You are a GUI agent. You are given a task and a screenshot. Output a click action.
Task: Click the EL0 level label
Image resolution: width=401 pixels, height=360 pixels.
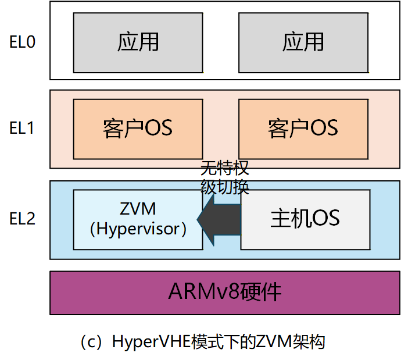pyautogui.click(x=23, y=42)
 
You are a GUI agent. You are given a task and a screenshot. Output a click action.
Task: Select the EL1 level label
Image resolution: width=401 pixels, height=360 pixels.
pyautogui.click(x=23, y=128)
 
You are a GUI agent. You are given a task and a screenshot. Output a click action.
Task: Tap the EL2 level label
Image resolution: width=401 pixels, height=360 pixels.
pyautogui.click(x=23, y=219)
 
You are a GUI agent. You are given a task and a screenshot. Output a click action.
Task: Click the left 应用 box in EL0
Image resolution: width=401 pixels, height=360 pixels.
pyautogui.click(x=138, y=42)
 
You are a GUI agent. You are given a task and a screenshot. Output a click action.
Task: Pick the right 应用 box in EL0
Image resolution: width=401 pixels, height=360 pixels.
pyautogui.click(x=303, y=42)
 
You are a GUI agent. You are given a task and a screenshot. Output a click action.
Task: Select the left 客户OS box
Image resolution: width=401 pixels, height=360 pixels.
pyautogui.click(x=138, y=127)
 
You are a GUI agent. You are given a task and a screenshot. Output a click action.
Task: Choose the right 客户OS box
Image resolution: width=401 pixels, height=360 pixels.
pyautogui.click(x=303, y=127)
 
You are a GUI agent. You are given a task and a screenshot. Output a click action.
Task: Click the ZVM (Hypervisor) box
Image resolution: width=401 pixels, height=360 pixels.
pyautogui.click(x=138, y=219)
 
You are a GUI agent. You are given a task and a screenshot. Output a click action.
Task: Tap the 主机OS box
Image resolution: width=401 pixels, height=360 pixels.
pyautogui.click(x=305, y=219)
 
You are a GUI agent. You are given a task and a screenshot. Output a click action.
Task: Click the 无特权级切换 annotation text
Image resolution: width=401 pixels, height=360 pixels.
pyautogui.click(x=225, y=177)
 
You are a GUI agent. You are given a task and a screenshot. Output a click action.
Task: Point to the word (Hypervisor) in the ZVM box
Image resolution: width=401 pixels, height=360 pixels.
pyautogui.click(x=138, y=229)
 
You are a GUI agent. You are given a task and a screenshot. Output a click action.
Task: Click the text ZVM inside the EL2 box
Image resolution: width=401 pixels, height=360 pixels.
pyautogui.click(x=138, y=208)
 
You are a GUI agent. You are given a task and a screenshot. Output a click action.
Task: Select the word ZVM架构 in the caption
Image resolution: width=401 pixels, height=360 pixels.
pyautogui.click(x=290, y=341)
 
